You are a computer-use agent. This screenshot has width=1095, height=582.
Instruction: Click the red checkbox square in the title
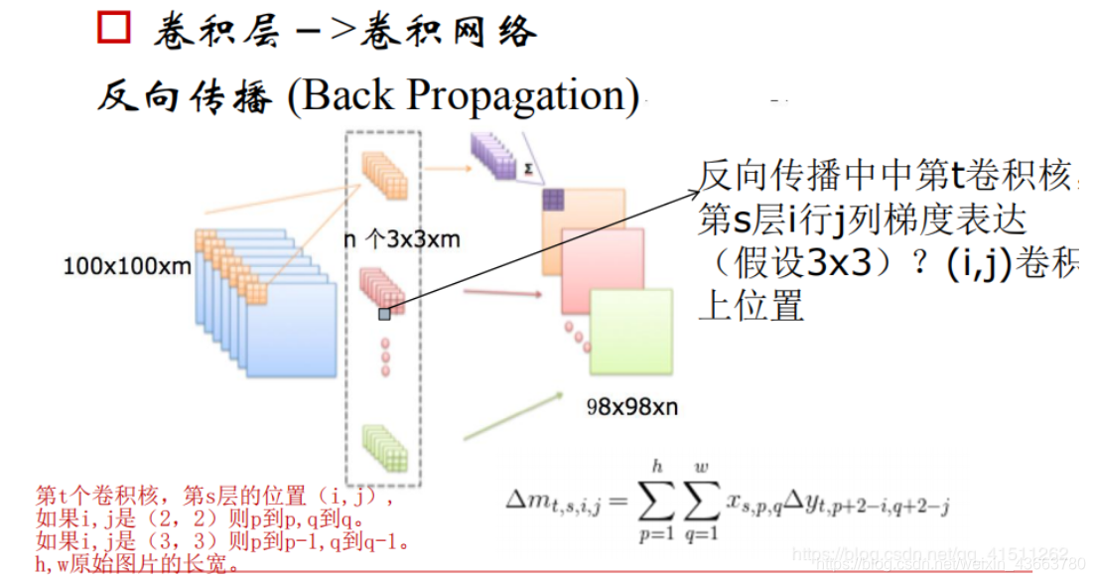point(112,28)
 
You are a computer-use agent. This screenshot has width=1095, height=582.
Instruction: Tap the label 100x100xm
point(127,266)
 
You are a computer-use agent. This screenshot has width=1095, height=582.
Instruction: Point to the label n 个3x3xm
point(401,239)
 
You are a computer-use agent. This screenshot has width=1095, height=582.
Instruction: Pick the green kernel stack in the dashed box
point(384,447)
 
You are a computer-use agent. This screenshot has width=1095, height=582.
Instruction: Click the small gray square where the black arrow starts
point(384,314)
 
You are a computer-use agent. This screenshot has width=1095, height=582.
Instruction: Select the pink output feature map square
point(599,270)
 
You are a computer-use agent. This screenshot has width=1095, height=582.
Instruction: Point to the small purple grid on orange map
point(553,199)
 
